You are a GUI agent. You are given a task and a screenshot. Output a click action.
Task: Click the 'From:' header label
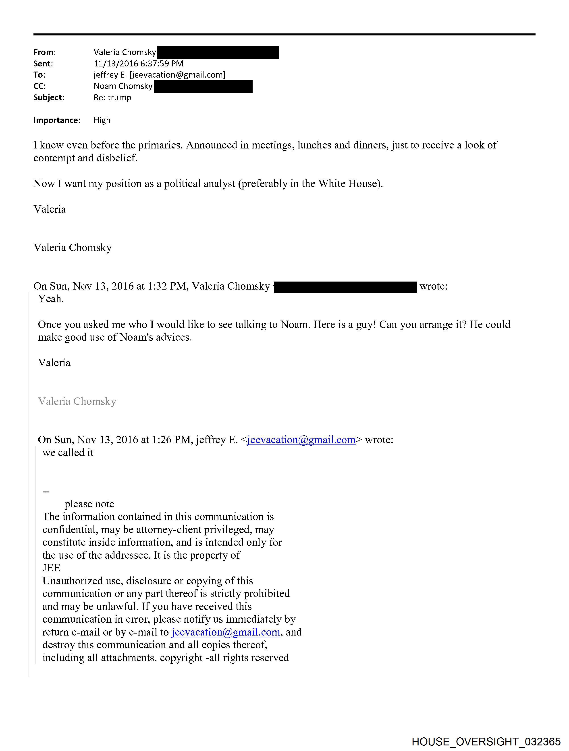pyautogui.click(x=45, y=52)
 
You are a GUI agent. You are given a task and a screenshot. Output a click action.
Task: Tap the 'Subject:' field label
pyautogui.click(x=49, y=97)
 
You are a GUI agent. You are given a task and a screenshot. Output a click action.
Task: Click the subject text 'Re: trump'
pyautogui.click(x=112, y=97)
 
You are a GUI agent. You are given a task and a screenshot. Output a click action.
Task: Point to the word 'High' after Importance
pyautogui.click(x=102, y=120)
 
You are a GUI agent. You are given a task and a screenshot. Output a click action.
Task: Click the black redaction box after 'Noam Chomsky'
pyautogui.click(x=203, y=86)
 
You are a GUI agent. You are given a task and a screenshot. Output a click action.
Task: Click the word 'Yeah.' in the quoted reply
pyautogui.click(x=51, y=299)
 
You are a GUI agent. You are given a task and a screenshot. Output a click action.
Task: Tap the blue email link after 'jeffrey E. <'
pyautogui.click(x=301, y=440)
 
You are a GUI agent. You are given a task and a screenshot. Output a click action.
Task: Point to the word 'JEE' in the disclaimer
pyautogui.click(x=51, y=568)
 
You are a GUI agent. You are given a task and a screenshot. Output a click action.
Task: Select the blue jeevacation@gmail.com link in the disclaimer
pyautogui.click(x=226, y=632)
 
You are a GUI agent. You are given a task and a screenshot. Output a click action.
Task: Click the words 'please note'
pyautogui.click(x=89, y=504)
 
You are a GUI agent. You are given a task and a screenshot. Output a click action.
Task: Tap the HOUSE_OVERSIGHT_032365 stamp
pyautogui.click(x=486, y=741)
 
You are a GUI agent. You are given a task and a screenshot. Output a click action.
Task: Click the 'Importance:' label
pyautogui.click(x=57, y=120)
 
